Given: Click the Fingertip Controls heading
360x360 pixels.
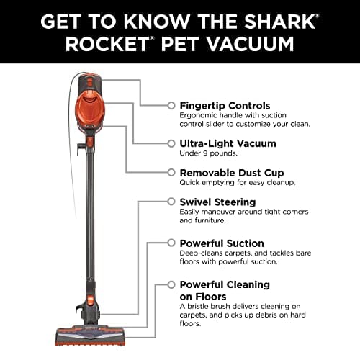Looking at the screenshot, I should (x=225, y=105).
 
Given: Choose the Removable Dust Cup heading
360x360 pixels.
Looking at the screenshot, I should (x=231, y=173).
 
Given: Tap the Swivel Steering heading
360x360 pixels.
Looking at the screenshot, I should (x=217, y=202).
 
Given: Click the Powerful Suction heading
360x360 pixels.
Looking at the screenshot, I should (x=222, y=243).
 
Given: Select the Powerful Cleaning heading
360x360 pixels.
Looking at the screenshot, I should (x=225, y=284).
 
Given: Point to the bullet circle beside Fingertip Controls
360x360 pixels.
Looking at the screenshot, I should (x=171, y=105).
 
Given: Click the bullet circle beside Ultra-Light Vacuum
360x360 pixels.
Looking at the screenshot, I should (x=171, y=143).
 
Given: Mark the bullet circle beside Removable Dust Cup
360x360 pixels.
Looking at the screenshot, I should (x=171, y=173).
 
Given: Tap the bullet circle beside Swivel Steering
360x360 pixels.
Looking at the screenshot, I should (x=171, y=202).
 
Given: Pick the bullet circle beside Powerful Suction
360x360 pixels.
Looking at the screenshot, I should (x=171, y=243).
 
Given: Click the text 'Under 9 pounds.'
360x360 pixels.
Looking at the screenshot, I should (x=208, y=153).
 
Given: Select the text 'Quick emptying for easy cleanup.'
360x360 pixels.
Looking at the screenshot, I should (x=237, y=183).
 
